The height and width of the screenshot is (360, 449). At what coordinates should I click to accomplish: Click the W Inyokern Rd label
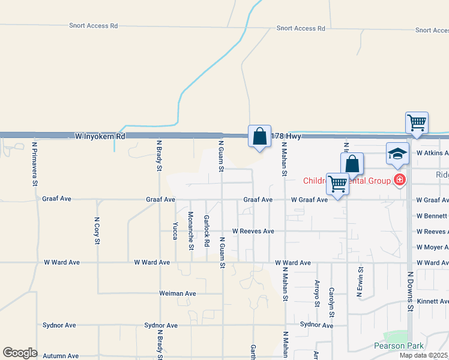tap(100, 136)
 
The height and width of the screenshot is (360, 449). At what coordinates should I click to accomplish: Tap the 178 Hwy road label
tap(286, 136)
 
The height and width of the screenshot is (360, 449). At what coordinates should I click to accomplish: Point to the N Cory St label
tap(97, 231)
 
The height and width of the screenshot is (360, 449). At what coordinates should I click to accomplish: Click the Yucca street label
tap(175, 231)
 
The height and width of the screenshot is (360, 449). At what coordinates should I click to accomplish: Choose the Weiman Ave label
tap(178, 293)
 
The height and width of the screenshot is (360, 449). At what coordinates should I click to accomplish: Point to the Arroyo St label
tap(316, 292)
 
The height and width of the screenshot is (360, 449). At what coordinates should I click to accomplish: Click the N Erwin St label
tap(361, 283)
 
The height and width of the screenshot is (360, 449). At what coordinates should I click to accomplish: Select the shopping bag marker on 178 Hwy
tap(259, 136)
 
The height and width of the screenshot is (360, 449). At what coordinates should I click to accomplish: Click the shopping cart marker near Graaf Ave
tap(337, 183)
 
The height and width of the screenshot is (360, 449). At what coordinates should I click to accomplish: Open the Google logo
tap(20, 353)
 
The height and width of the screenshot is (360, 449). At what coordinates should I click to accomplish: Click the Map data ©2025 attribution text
tap(423, 355)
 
